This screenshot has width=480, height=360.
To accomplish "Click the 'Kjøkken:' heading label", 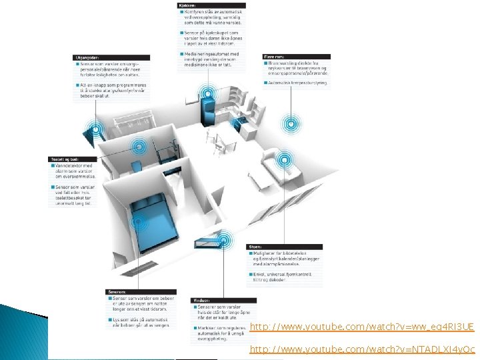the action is [187, 5].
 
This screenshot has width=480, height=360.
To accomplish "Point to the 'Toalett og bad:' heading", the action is [65, 159].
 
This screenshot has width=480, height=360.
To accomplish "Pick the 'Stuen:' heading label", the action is [255, 247].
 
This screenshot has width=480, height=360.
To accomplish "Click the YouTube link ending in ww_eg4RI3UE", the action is [361, 327].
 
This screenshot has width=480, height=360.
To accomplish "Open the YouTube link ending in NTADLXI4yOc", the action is [362, 349].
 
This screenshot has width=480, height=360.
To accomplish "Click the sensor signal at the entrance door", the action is [96, 130].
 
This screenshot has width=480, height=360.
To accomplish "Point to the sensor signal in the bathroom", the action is [139, 147].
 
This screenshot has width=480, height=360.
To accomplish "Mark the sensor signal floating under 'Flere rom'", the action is [290, 123].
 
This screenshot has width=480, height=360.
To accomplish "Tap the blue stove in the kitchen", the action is [236, 124].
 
